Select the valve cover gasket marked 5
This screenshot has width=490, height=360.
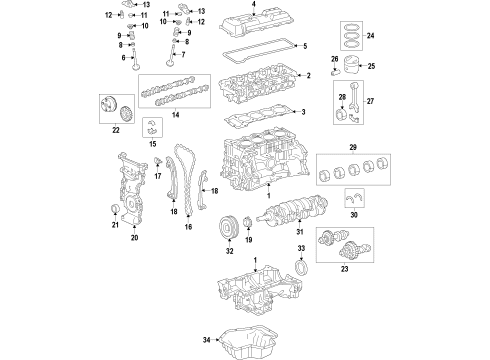[255, 49]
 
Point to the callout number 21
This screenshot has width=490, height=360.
[114, 226]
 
